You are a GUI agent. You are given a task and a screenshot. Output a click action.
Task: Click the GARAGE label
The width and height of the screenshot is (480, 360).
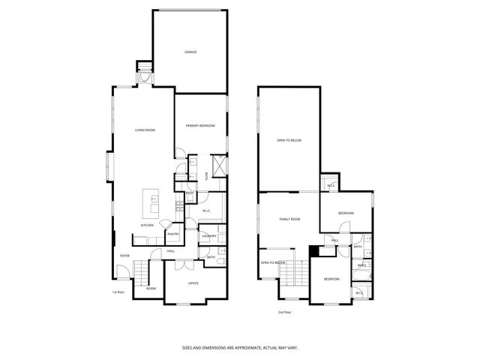tap(190, 52)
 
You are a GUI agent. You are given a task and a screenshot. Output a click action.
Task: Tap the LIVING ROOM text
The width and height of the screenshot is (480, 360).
tap(145, 130)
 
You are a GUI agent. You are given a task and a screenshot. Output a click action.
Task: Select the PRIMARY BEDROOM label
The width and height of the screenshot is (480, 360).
tap(201, 125)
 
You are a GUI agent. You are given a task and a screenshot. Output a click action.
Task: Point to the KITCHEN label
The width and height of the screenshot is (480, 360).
tap(148, 225)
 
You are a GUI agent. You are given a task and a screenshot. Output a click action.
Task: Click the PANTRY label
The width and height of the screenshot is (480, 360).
tap(172, 232)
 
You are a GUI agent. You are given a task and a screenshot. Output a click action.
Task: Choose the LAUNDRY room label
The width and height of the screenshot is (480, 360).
tap(208, 236)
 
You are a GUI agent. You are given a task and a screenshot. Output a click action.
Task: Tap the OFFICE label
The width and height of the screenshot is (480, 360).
tap(193, 283)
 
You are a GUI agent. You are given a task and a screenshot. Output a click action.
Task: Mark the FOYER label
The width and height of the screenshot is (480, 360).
tap(124, 256)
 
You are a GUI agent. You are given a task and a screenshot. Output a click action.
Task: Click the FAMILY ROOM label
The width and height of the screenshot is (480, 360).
tap(289, 219)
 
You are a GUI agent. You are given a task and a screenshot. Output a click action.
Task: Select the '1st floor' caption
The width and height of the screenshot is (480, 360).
tap(118, 292)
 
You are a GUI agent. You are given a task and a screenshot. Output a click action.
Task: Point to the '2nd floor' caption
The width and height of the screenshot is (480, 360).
tap(284, 311)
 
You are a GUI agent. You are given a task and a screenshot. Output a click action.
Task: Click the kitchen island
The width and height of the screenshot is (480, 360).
tap(152, 200)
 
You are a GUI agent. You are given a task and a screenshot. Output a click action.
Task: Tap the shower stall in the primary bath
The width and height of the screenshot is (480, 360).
tap(220, 165)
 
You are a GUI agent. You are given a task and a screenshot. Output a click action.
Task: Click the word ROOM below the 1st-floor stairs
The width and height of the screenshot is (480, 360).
tap(151, 288)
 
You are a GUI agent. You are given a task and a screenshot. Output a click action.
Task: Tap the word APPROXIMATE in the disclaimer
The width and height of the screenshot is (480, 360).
tap(239, 348)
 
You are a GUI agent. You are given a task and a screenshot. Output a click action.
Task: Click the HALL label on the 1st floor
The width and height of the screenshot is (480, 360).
tap(171, 250)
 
